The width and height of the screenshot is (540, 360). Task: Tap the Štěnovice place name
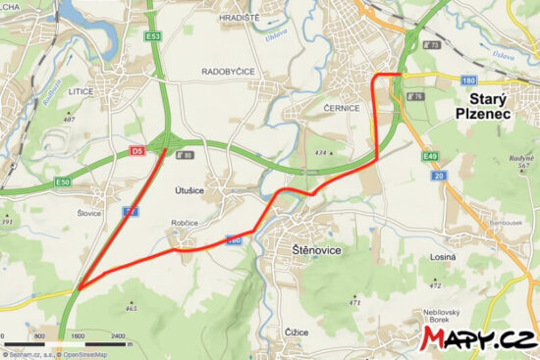[316, 251]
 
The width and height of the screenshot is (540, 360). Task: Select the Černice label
[324, 100]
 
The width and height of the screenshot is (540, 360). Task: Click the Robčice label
[186, 223]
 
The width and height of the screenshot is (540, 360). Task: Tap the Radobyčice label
[228, 72]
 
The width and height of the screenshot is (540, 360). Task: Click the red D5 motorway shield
[136, 151]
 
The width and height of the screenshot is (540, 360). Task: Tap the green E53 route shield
[152, 36]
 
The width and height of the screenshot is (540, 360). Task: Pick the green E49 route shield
[429, 156]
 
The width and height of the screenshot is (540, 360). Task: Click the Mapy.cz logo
[477, 339]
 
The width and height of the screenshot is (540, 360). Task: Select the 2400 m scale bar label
[117, 336]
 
